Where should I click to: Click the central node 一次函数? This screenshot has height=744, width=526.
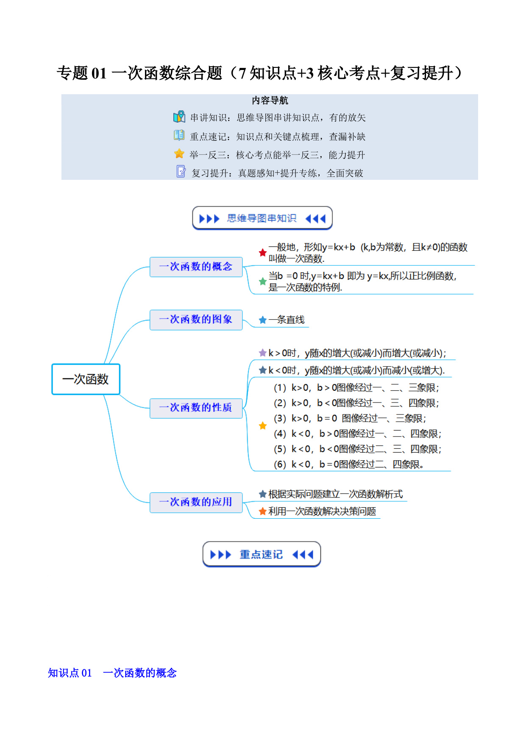tap(86, 379)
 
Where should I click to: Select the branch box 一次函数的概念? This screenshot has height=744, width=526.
tap(196, 267)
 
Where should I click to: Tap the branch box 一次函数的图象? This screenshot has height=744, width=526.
tap(196, 320)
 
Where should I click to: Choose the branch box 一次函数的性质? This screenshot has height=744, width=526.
tap(196, 408)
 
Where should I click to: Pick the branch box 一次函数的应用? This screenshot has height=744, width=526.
tap(196, 502)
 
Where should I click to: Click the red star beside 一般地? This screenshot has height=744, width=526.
tap(263, 253)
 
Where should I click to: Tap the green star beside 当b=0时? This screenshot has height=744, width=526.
tap(263, 281)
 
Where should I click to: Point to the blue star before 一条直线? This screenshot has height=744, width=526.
tap(263, 320)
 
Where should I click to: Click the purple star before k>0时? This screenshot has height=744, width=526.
tap(263, 353)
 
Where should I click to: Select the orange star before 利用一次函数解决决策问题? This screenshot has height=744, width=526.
tap(263, 511)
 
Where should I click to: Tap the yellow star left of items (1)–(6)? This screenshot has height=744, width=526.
tap(263, 425)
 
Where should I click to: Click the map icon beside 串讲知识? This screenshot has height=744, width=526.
tap(179, 117)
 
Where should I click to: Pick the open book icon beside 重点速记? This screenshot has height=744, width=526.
tap(179, 135)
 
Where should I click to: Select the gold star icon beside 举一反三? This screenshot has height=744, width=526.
tap(179, 154)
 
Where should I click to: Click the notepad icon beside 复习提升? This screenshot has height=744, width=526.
tap(181, 171)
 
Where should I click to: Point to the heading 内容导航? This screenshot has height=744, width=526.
tap(270, 101)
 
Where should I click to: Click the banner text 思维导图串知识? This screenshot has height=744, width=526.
tap(262, 218)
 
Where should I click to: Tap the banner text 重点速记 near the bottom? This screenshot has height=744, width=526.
tap(261, 554)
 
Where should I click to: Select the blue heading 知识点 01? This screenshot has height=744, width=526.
tap(70, 673)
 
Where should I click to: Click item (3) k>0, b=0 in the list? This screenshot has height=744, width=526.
tap(350, 418)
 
